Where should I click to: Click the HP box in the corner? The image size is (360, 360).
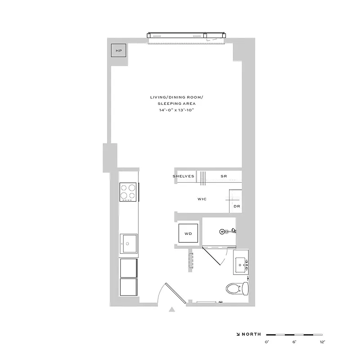point(119,51)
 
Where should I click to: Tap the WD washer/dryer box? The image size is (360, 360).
point(188,234)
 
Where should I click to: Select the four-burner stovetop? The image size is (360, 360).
point(129,192)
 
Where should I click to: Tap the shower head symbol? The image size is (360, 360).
point(222,231)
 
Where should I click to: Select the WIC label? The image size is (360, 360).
point(202,199)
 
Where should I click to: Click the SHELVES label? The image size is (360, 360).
point(184,176)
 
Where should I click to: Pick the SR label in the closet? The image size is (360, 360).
point(223,176)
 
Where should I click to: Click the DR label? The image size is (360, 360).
point(237,207)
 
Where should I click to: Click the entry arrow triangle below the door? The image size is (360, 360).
point(171,310)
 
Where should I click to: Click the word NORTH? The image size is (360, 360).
point(252,334)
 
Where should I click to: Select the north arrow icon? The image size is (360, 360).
point(238,334)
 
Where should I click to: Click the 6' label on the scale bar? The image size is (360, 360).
point(294,342)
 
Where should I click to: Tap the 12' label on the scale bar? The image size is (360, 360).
point(322,342)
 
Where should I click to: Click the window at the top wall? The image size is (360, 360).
point(186,36)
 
